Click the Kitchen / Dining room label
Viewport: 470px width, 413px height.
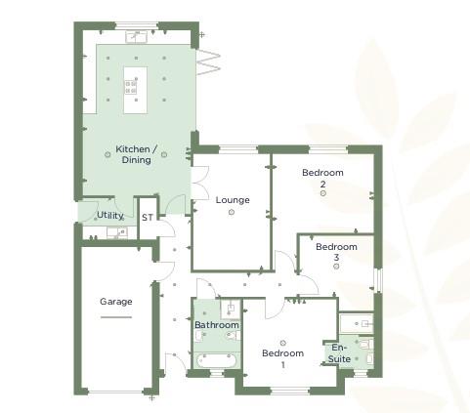tap(136, 154)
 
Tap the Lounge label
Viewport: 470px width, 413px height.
tap(233, 200)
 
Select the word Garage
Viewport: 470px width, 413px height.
tap(115, 302)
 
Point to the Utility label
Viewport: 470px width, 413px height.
tap(108, 215)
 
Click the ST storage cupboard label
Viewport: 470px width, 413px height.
tap(147, 218)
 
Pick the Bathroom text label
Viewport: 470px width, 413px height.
tap(216, 325)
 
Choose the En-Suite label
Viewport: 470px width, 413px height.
tap(339, 353)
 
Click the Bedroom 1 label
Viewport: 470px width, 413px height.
tap(283, 358)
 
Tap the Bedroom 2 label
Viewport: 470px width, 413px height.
tap(322, 178)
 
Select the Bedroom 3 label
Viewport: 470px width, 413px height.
tap(336, 252)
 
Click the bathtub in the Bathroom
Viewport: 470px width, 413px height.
tap(216, 359)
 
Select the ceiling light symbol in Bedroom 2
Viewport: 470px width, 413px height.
tap(322, 193)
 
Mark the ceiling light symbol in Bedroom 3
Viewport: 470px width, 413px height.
tap(336, 266)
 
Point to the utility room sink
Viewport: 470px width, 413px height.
tap(115, 233)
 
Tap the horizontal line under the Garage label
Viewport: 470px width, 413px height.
tap(115, 316)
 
